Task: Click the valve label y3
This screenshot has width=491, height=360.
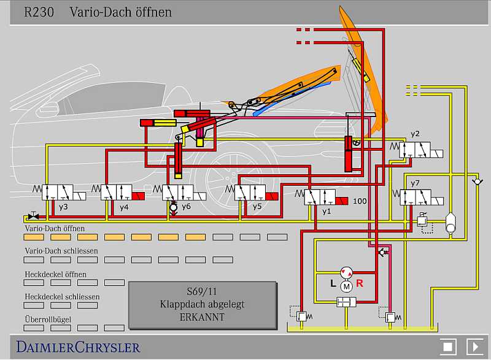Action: (x=63, y=207)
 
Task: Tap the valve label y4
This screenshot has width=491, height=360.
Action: (x=124, y=207)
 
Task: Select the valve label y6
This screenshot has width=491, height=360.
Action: (x=186, y=207)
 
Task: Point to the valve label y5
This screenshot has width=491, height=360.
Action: (x=257, y=207)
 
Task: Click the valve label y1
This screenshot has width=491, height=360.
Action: (x=327, y=211)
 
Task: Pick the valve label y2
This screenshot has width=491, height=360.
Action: (x=416, y=133)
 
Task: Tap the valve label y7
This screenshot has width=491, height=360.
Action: (x=416, y=183)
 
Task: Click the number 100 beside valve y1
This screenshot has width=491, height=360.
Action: (x=360, y=201)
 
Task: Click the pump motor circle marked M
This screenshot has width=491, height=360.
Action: (x=346, y=285)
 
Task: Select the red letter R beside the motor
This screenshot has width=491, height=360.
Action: (x=360, y=283)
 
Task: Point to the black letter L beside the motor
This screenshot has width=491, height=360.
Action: (x=333, y=283)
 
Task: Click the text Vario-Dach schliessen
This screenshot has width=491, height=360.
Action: (x=61, y=251)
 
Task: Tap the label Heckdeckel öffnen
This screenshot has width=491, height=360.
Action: (x=55, y=274)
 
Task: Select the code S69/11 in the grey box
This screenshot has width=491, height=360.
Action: (x=202, y=291)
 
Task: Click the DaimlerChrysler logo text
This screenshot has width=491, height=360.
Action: (x=78, y=347)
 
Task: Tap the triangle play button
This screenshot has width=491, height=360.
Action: (x=474, y=346)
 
